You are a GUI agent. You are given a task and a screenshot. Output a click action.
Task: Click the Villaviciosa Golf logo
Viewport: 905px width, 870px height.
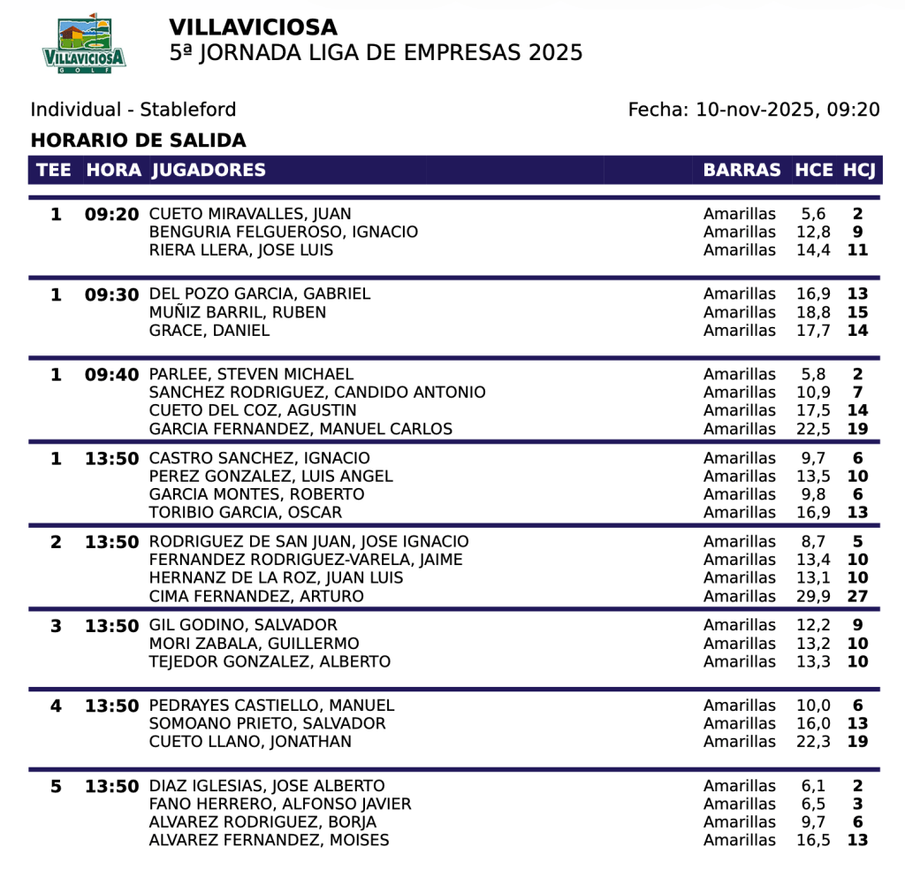coord(84,43)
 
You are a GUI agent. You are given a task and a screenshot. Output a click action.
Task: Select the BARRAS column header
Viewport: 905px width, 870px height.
coord(741,170)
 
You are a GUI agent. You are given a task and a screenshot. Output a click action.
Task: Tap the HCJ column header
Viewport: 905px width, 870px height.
coord(859,170)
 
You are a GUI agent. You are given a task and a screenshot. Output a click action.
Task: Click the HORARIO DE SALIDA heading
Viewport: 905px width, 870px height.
coord(138,141)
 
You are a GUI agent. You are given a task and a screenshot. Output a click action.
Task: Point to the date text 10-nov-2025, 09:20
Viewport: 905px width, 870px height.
coord(787,110)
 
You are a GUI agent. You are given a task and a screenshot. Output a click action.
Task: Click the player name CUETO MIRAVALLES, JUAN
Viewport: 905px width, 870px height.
coord(250,214)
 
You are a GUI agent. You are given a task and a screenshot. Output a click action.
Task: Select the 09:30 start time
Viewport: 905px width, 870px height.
coord(112,294)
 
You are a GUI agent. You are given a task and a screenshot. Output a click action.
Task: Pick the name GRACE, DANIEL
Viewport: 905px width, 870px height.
coord(209,331)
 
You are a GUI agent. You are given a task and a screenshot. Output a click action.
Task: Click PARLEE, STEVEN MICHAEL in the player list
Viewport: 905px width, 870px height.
coord(251,374)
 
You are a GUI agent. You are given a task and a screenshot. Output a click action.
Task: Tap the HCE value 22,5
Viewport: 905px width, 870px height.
coord(813,429)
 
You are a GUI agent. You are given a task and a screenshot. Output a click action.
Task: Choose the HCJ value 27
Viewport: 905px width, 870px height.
coord(857,596)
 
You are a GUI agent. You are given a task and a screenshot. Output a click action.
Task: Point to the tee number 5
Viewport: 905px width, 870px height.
coord(57,786)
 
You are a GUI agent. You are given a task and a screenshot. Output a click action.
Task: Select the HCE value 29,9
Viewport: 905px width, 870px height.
coord(813,596)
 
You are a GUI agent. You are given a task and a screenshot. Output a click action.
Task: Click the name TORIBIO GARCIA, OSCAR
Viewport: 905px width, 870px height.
coord(246,512)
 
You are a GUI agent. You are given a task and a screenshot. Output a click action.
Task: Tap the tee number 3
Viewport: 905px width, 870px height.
coord(57,626)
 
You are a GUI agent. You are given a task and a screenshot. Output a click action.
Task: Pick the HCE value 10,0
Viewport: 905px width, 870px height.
coord(813,706)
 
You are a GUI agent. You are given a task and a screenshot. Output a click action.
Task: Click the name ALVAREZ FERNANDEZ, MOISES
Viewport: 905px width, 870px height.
coord(269,840)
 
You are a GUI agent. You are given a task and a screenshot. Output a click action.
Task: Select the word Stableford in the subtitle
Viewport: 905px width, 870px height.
coord(188,110)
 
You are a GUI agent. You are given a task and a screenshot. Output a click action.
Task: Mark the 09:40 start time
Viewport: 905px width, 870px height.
coord(112,375)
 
